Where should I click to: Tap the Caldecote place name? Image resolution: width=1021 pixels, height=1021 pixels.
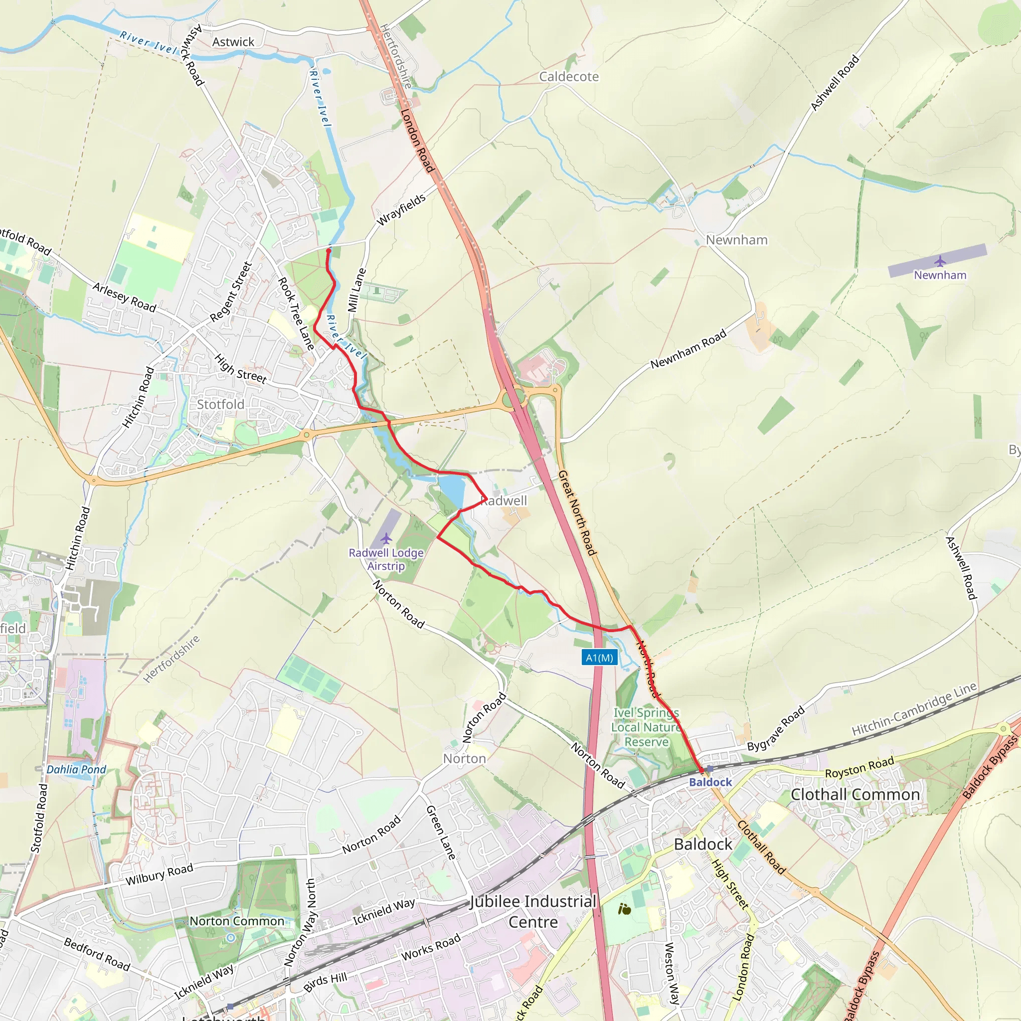coord(569,77)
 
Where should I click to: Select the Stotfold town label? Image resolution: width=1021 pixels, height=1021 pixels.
coord(220,404)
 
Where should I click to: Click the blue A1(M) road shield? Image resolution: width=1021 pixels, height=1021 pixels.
coord(599,658)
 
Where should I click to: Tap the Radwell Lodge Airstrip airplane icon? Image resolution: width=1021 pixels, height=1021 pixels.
coord(386,538)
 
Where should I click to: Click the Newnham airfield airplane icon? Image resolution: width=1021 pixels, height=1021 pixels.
coord(940,261)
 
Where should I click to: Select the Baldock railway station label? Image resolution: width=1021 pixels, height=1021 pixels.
coord(710,782)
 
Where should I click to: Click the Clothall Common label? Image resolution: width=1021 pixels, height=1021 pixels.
coord(855,794)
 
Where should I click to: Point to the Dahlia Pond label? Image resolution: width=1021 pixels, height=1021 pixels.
coord(76,769)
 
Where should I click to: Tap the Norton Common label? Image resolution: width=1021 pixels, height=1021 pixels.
coord(237,921)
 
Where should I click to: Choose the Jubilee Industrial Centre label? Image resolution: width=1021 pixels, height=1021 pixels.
coord(533,912)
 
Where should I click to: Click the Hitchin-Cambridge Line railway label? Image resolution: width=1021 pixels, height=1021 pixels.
coord(914,709)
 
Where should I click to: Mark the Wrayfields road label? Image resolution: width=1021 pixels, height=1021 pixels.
coord(401,209)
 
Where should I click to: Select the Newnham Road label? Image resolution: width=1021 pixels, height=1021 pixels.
coord(688,349)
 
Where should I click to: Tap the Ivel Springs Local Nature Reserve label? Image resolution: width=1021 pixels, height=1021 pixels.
coord(646,727)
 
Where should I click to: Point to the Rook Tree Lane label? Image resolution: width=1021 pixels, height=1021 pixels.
coord(297,314)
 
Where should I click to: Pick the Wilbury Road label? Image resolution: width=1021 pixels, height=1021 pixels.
coord(159,874)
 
